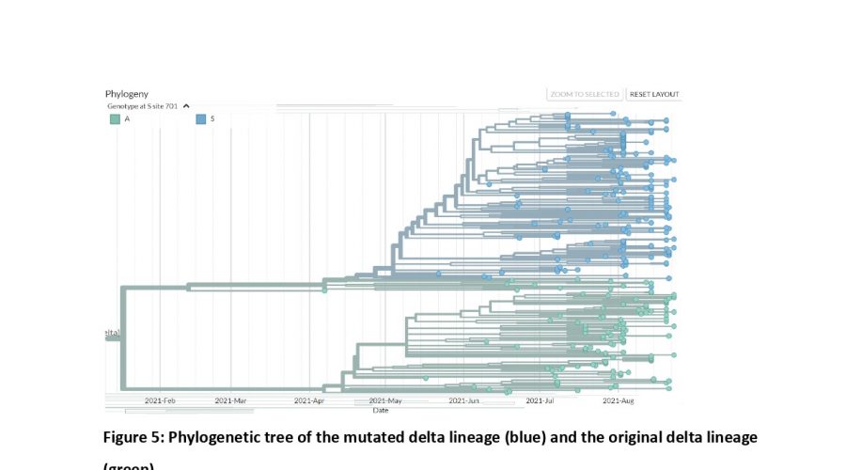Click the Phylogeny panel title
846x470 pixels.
pyautogui.click(x=127, y=94)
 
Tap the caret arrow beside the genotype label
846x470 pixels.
pyautogui.click(x=186, y=106)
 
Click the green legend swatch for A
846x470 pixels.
pyautogui.click(x=114, y=119)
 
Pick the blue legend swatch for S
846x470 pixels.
pyautogui.click(x=200, y=119)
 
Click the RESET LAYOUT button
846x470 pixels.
pyautogui.click(x=653, y=94)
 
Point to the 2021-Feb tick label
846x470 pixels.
pyautogui.click(x=160, y=400)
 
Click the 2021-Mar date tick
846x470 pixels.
pyautogui.click(x=230, y=400)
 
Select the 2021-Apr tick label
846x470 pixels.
pyautogui.click(x=308, y=400)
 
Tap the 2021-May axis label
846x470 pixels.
pyautogui.click(x=385, y=400)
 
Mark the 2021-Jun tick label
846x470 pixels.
pyautogui.click(x=464, y=400)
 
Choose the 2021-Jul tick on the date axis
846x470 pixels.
pyautogui.click(x=540, y=400)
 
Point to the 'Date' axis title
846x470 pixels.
pyautogui.click(x=381, y=410)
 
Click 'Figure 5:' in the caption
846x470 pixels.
pyautogui.click(x=133, y=438)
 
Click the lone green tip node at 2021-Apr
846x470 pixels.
pyautogui.click(x=324, y=290)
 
